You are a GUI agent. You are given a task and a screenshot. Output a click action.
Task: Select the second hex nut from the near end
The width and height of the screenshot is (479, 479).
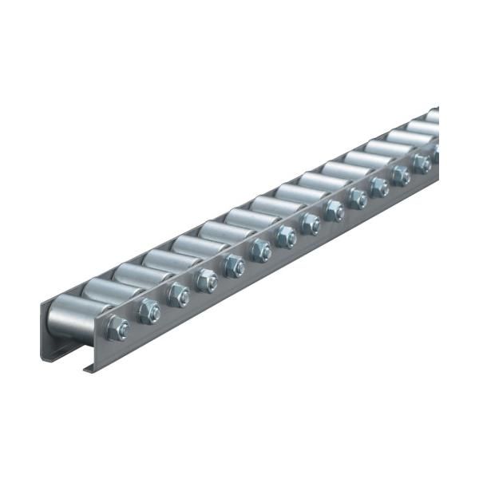pyautogui.click(x=148, y=311)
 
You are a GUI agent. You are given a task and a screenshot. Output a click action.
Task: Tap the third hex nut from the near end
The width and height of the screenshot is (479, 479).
pyautogui.click(x=177, y=295)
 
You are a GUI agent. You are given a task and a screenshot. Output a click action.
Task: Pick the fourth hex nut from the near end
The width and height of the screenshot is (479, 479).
pyautogui.click(x=206, y=280)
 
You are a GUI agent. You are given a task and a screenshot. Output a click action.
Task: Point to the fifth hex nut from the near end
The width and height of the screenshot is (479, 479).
pyautogui.click(x=234, y=265)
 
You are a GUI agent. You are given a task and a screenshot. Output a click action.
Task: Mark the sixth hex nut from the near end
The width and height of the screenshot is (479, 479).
pyautogui.click(x=260, y=251)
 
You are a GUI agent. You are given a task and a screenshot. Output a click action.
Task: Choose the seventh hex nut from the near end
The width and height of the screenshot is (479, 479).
pyautogui.click(x=286, y=236)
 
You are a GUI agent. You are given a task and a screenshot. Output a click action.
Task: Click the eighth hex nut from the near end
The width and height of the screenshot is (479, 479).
pyautogui.click(x=311, y=223)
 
